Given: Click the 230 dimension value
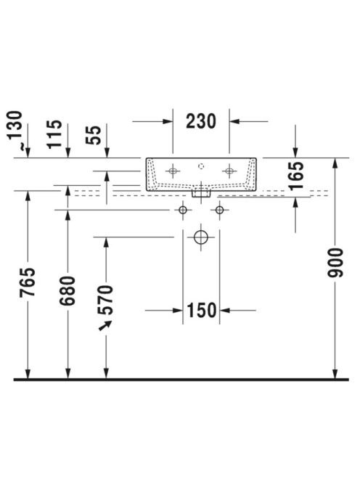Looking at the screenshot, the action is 201,121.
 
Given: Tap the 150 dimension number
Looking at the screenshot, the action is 201,310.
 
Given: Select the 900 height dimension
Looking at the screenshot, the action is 335,263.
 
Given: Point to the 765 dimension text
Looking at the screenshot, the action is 28,282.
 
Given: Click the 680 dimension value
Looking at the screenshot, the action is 67,291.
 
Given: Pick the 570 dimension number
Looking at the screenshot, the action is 105,300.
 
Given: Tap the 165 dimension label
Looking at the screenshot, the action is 296,176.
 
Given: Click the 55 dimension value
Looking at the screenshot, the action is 93,135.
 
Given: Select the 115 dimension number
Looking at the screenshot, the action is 54,134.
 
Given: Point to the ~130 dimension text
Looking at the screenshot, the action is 15,130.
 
